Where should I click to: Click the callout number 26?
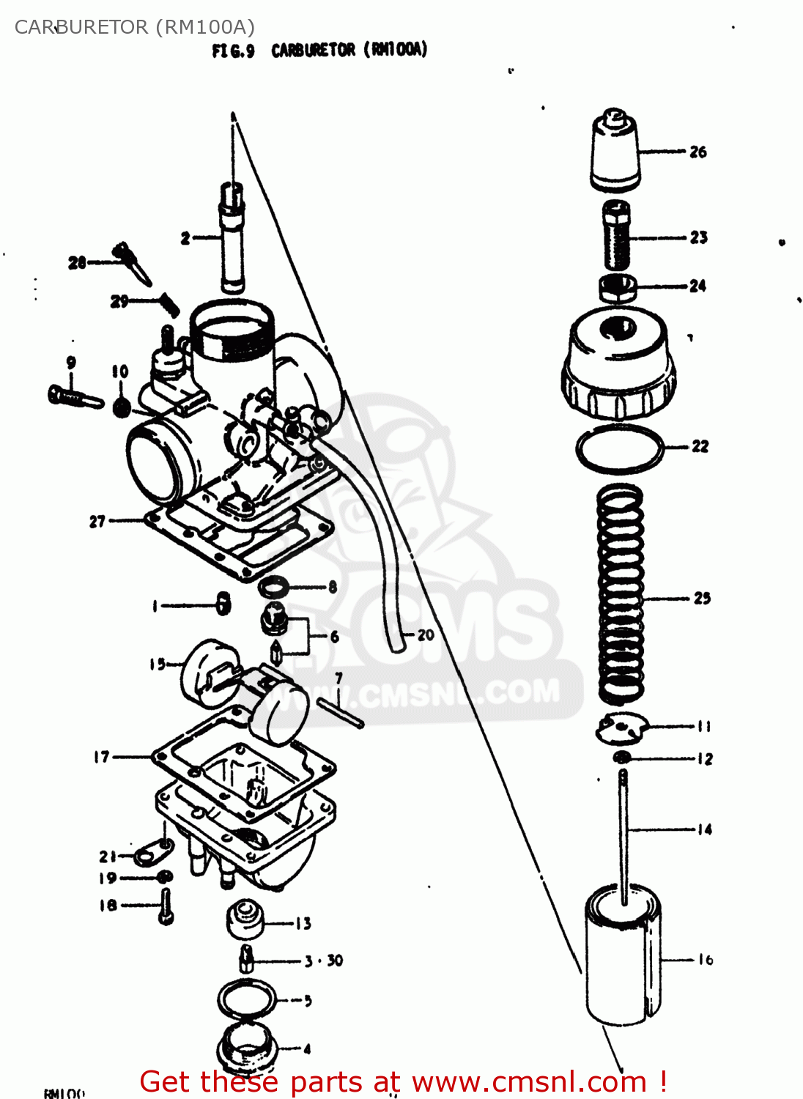(x=697, y=152)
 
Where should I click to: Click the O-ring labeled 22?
(x=619, y=448)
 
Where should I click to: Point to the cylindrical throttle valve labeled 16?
(x=623, y=956)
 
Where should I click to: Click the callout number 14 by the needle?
(x=704, y=829)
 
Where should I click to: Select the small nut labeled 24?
(x=618, y=286)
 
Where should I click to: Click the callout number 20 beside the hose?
(x=426, y=635)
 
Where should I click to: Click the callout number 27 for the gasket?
(x=97, y=522)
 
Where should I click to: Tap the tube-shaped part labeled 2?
(x=232, y=238)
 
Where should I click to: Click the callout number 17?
(x=101, y=757)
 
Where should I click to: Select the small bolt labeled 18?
(x=166, y=906)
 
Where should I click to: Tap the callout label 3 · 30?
(x=324, y=961)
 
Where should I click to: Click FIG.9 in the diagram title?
(x=233, y=51)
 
